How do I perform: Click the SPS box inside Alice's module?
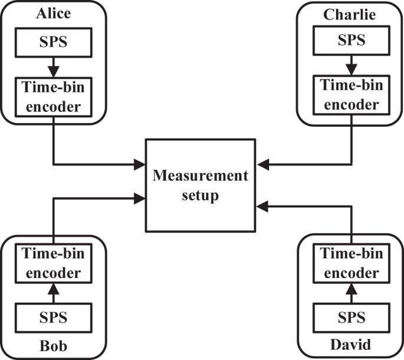53,41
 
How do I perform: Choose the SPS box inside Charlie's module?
350,41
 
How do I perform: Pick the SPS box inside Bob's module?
53,318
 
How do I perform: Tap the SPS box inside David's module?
350,318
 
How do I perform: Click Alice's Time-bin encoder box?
53,97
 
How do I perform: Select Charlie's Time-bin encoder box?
350,97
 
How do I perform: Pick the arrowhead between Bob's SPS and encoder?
53,289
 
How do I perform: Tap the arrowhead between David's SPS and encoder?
350,289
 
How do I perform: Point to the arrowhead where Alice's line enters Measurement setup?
140,163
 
